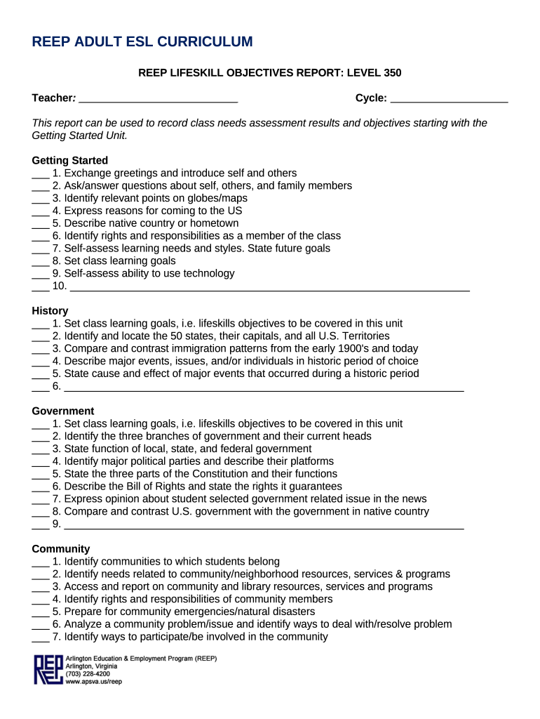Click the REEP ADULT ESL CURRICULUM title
[142, 42]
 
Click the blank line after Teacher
[158, 99]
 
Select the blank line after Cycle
[449, 99]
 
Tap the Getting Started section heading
[70, 161]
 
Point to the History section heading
[50, 311]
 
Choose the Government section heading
[63, 411]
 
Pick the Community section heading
[61, 549]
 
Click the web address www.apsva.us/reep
[93, 682]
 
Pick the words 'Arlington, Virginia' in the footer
[91, 666]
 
